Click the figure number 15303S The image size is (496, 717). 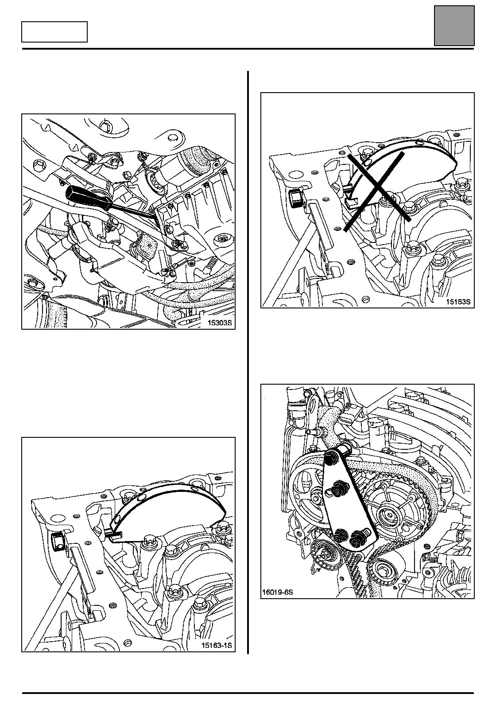(219, 323)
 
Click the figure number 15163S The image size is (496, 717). (457, 302)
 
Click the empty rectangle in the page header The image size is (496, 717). (54, 32)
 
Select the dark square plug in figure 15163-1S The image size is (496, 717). (57, 541)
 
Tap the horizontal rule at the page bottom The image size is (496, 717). (248, 693)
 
